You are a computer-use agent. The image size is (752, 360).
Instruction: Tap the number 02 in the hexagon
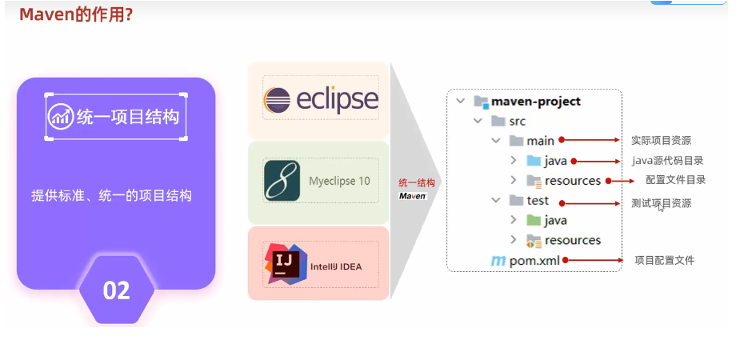click(117, 290)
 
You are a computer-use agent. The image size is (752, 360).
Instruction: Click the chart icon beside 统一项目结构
click(61, 117)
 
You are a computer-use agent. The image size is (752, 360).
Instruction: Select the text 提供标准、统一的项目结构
click(111, 195)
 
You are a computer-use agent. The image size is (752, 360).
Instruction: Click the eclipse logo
click(320, 100)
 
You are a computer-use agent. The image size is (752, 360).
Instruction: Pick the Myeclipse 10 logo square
click(282, 181)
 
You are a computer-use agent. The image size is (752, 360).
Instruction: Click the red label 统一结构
click(416, 183)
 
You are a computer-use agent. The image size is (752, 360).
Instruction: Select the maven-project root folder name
click(536, 102)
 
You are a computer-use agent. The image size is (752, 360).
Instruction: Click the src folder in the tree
click(517, 121)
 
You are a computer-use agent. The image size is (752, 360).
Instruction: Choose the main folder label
click(540, 141)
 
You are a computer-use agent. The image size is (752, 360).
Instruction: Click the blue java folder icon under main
click(534, 161)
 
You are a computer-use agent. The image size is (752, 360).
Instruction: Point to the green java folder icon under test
click(534, 220)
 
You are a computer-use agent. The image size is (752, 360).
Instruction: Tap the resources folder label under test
click(573, 240)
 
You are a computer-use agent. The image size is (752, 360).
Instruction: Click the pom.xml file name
click(535, 260)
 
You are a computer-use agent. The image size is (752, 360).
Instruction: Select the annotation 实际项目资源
click(661, 141)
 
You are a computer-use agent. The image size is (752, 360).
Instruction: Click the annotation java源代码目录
click(668, 161)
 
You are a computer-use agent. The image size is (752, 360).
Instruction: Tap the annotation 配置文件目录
click(676, 180)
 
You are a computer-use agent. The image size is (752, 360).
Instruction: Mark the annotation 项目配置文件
click(664, 260)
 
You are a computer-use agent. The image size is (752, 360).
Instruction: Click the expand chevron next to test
click(496, 200)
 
